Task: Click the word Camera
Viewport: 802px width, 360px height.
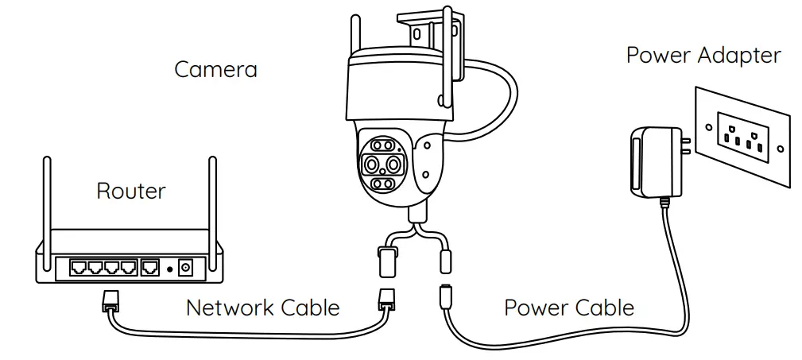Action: (215, 69)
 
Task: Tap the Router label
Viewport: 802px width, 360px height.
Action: (131, 191)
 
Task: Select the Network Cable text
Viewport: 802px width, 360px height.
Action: (263, 308)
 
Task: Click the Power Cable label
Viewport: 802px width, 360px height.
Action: (569, 308)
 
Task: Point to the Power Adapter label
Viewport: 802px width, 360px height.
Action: (703, 56)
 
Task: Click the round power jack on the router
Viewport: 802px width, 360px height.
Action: (186, 268)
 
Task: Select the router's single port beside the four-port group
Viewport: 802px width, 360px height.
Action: (150, 267)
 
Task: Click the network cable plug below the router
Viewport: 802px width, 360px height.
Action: (110, 301)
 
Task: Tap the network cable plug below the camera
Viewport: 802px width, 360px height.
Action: (386, 301)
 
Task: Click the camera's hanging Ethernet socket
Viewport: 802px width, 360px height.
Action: (387, 261)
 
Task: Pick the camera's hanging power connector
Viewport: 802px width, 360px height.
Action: (447, 260)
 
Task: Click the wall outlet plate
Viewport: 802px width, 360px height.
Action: (744, 135)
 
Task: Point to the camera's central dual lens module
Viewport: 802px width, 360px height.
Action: (383, 165)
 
